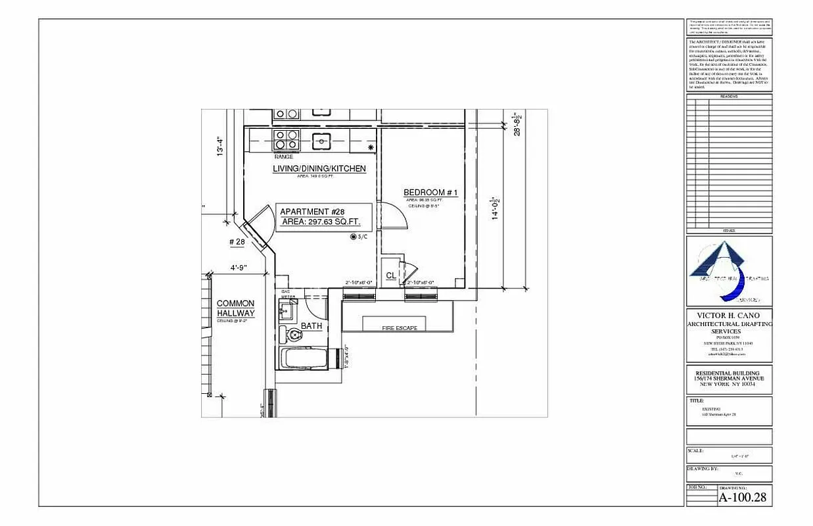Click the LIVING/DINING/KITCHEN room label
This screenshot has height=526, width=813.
coord(319,169)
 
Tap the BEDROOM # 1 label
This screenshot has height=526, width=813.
coord(430,193)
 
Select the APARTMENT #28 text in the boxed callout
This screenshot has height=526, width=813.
coord(312,212)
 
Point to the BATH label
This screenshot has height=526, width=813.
coord(311,326)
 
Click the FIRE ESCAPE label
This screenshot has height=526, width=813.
coord(400,328)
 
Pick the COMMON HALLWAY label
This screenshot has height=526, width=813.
coord(235,308)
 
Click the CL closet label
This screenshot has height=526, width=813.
coord(390,275)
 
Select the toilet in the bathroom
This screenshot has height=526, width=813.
coord(294,335)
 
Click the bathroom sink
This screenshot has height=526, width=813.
coord(287,312)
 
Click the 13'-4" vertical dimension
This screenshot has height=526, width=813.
coord(221,146)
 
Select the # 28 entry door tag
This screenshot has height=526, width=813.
coord(237,243)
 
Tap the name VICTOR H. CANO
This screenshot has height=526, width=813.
coord(729,316)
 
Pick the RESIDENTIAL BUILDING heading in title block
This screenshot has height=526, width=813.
coord(729,373)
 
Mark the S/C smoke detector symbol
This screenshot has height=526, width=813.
coord(354,237)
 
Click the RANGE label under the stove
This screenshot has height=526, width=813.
coord(284,157)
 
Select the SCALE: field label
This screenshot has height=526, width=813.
coord(696,451)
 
